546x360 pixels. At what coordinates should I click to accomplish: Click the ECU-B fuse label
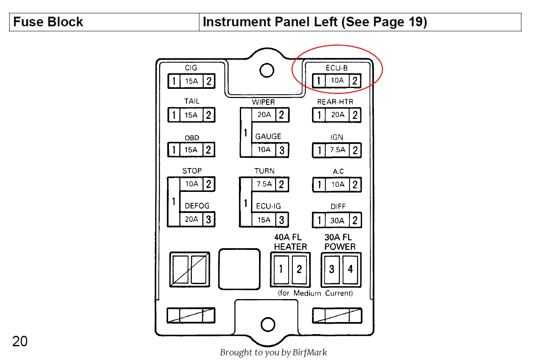tap(336, 68)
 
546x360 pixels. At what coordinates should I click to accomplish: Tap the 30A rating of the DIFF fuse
tap(337, 220)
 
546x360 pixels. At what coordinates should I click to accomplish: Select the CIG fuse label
tap(191, 68)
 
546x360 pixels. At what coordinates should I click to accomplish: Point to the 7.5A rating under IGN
tap(337, 150)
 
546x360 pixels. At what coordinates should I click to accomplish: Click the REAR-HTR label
tap(335, 102)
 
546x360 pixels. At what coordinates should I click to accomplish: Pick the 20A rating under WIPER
tap(264, 114)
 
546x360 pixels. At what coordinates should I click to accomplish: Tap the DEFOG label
tap(197, 206)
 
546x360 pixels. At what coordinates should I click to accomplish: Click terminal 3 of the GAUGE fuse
tap(282, 150)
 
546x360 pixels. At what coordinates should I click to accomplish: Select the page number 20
tap(20, 341)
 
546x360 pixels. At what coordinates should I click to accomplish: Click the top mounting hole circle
tap(267, 70)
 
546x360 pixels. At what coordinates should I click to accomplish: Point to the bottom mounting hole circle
tap(267, 324)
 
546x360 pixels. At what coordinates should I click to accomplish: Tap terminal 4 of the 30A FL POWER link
tap(350, 269)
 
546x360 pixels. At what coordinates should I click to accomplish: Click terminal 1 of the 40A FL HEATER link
tap(281, 269)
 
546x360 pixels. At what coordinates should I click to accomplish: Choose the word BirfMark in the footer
tap(310, 352)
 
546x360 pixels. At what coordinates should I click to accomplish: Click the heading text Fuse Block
tap(48, 22)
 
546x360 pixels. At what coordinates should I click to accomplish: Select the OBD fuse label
tap(192, 138)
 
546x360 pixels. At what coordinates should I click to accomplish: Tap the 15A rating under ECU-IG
tap(264, 220)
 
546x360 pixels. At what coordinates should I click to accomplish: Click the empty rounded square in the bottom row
tap(239, 269)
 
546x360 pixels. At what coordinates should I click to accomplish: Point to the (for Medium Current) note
tap(315, 293)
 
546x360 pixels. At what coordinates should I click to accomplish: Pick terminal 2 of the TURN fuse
tap(282, 184)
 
